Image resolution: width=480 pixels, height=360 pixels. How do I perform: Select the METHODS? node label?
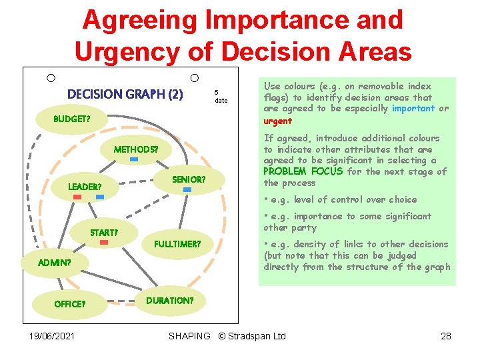[135, 149]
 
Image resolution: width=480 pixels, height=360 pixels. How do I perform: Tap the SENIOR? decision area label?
[189, 179]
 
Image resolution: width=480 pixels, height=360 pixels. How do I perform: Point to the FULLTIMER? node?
[177, 244]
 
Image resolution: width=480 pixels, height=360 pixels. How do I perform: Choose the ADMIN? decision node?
[54, 263]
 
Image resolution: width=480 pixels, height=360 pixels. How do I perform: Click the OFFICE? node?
[69, 304]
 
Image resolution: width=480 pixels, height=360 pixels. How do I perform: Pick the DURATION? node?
[169, 301]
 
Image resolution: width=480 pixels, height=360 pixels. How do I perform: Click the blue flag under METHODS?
[134, 160]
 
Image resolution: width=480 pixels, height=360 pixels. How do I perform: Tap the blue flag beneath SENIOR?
[187, 190]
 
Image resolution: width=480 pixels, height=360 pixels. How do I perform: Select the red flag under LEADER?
[77, 197]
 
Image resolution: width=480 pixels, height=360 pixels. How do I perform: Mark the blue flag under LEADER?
[99, 197]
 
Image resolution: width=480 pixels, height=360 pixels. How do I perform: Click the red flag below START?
[104, 243]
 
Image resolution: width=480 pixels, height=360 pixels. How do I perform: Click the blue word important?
[413, 108]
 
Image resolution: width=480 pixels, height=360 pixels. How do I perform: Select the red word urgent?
[277, 121]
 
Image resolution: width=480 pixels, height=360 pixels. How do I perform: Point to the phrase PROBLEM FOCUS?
[303, 171]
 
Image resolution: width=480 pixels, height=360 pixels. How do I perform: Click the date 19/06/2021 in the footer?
[52, 336]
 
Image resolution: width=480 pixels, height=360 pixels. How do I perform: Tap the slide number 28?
[446, 336]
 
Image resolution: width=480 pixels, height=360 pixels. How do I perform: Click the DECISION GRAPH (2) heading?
[125, 94]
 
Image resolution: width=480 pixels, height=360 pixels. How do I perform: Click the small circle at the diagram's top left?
[51, 79]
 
